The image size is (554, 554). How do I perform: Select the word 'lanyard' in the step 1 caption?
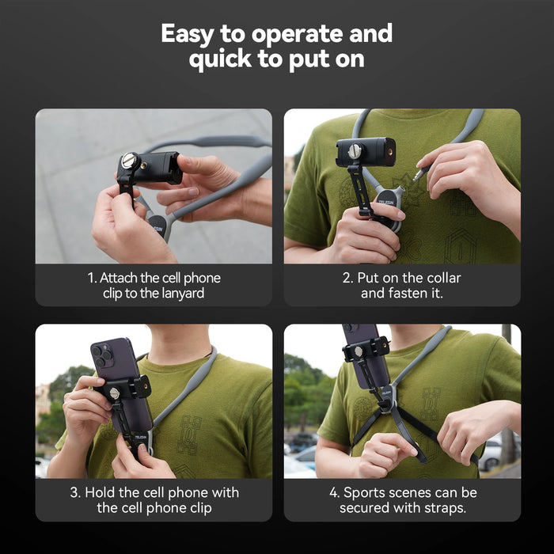click(181, 293)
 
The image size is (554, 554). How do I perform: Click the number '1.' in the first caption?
click(92, 278)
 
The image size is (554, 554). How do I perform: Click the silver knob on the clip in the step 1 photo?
click(129, 161)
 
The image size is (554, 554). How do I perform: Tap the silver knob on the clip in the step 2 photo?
click(355, 150)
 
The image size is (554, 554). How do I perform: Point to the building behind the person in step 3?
click(44, 400)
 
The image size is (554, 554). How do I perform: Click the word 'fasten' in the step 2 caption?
click(403, 293)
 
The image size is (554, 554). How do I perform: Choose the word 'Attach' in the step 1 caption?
click(120, 278)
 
